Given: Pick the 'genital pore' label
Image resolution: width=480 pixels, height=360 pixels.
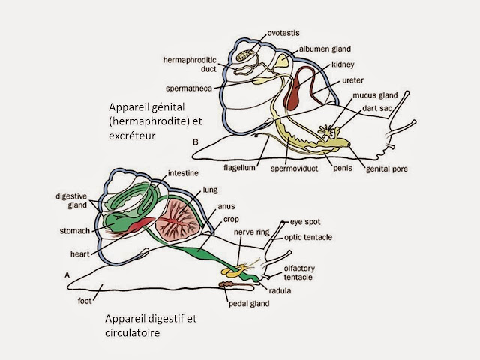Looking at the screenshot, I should coord(387,169).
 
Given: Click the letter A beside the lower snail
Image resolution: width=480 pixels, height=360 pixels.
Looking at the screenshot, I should coord(67,274).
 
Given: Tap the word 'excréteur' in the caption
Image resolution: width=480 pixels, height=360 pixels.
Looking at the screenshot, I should coord(134,136).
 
